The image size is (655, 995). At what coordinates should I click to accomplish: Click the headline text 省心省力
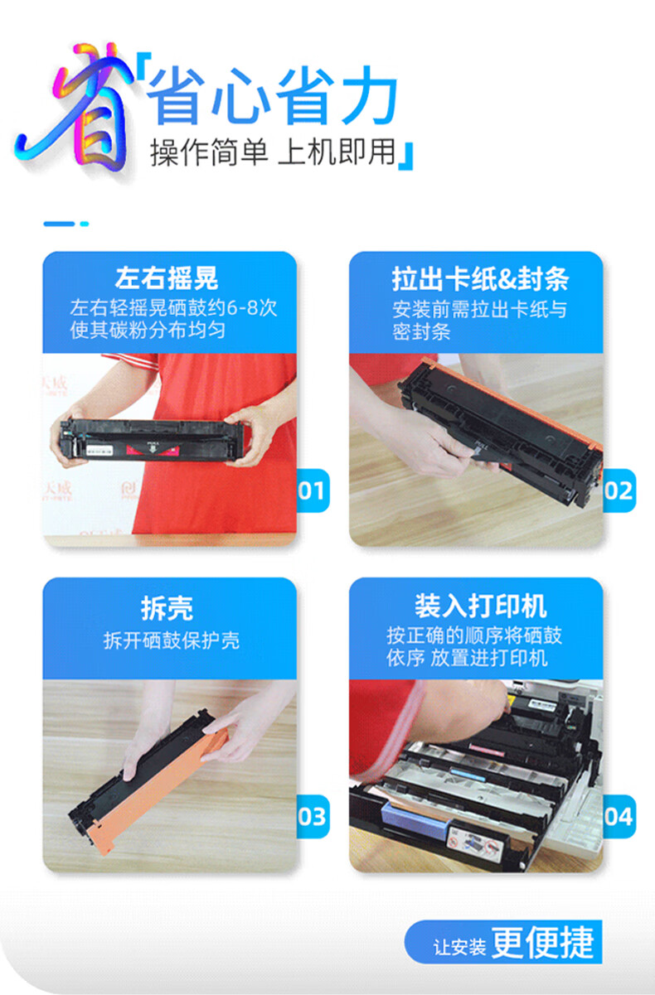[x=273, y=95]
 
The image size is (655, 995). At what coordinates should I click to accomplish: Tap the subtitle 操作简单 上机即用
[x=273, y=152]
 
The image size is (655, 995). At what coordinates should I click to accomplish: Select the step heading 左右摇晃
[x=167, y=278]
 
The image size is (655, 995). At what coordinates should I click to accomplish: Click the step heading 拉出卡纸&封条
[x=480, y=279]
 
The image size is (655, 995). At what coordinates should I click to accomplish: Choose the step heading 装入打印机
[x=481, y=606]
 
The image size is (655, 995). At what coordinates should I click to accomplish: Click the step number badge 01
[x=313, y=490]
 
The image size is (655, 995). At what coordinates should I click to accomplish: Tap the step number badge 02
[x=619, y=490]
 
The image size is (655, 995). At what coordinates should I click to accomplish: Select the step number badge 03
[x=313, y=817]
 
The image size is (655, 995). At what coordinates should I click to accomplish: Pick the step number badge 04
[x=619, y=817]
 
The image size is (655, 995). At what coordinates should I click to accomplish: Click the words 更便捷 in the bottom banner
[x=542, y=943]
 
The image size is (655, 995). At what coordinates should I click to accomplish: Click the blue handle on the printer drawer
[x=415, y=820]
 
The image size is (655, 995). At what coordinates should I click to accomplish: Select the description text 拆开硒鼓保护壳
[x=172, y=640]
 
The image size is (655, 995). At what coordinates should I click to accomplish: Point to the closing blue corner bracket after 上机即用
[x=405, y=157]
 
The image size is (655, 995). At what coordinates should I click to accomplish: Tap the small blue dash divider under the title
[x=66, y=224]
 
